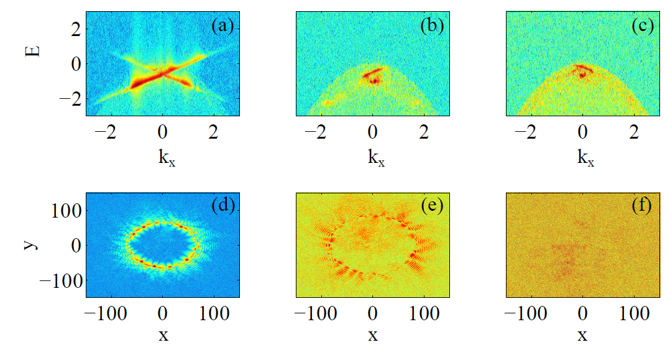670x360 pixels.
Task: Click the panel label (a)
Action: [222, 26]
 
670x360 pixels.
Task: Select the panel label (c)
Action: [643, 26]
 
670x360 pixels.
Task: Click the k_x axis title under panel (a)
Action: [163, 158]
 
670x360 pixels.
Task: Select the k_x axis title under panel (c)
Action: [583, 158]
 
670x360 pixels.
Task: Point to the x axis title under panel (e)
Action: [373, 336]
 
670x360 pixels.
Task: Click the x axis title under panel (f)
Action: [583, 336]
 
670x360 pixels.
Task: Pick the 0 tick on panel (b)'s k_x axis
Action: [373, 132]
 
